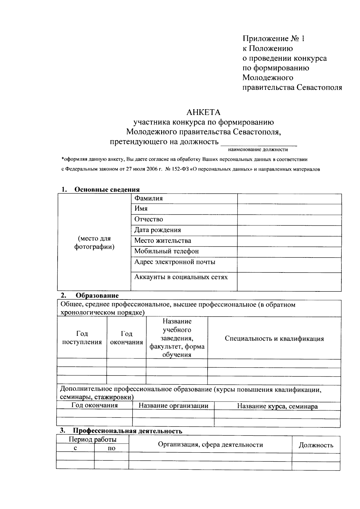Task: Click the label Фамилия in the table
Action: coord(148,198)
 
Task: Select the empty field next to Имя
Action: coord(289,209)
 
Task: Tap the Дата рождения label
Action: coord(157,230)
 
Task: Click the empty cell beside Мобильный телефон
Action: coord(289,252)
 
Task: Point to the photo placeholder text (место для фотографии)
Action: coord(94,243)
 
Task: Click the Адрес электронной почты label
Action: coord(175,262)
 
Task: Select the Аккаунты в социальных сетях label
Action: coord(181,277)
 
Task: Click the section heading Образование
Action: coord(97,295)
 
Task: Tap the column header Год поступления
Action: coord(82,338)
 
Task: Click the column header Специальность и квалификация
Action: coord(274,339)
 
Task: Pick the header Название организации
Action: coord(173,406)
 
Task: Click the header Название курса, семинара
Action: coord(277,406)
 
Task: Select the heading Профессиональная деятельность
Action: coord(128,431)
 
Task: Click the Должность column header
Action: coord(316,445)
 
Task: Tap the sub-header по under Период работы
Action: coord(111,448)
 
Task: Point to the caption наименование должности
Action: coord(258,149)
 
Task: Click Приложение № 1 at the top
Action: coord(273,38)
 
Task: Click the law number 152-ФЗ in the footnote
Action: coord(179,169)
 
